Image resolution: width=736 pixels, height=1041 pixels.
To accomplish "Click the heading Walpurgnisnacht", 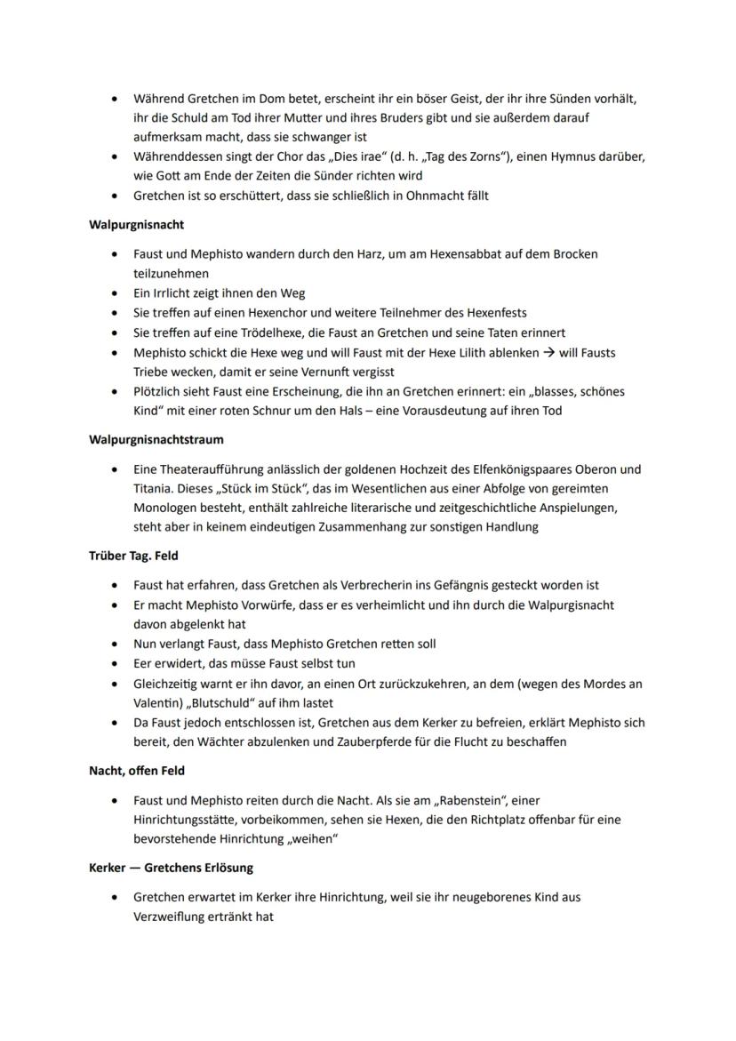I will click(136, 225).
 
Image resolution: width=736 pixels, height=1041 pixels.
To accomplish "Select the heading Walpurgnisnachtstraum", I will click(156, 439).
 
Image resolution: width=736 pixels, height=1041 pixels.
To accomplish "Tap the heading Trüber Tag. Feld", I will click(133, 556).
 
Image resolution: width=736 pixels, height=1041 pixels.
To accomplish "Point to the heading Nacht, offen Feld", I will click(137, 771).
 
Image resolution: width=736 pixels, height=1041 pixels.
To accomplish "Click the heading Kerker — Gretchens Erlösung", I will click(171, 867).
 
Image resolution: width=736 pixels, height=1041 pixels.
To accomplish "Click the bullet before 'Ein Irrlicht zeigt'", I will click(115, 292).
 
